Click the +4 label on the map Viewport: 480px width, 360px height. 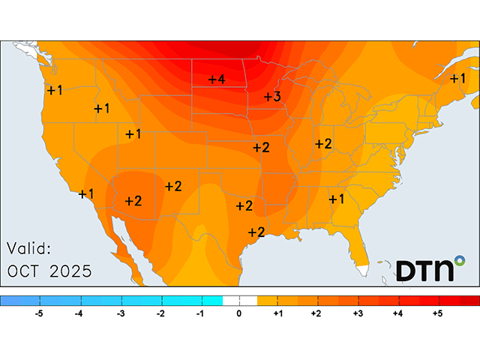coord(217,79)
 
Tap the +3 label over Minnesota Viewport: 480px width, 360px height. coord(272,97)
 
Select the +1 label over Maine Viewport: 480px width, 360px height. coord(457,78)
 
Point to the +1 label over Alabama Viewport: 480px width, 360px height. coord(335,199)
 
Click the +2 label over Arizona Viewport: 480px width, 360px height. coord(133,200)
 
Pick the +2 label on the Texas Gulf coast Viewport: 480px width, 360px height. coord(256,232)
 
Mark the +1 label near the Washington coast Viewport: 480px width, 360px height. coord(55,90)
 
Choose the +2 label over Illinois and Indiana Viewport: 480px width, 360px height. coord(323,143)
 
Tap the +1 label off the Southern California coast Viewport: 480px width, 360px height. coord(86,193)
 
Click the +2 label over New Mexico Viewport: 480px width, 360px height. coord(173,186)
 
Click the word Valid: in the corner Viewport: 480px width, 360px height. coord(29,248)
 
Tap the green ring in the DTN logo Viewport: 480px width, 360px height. coord(459,261)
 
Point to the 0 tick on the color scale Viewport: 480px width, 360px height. coord(239,313)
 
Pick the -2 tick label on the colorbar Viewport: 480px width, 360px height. coord(160,313)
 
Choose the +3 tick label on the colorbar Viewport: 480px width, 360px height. coord(358,313)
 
